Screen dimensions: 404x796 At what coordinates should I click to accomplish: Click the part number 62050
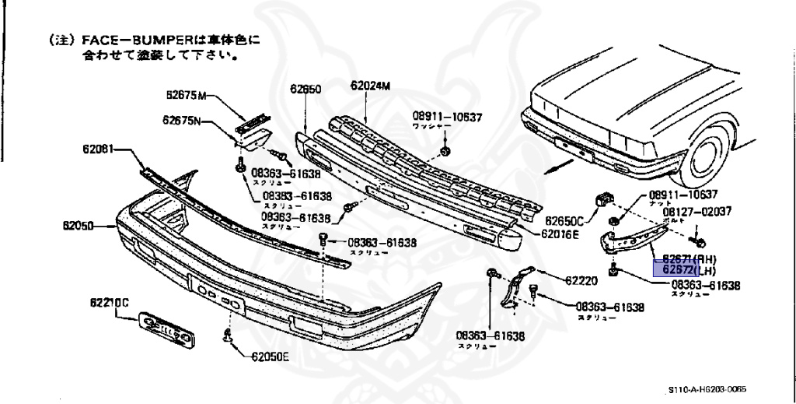(x=79, y=227)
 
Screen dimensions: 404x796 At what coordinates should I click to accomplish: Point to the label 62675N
(x=183, y=120)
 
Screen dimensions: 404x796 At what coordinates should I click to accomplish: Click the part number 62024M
(x=371, y=86)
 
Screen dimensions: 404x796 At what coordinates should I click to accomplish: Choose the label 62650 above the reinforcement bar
(x=305, y=90)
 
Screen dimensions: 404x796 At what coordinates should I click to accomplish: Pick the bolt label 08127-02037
(x=696, y=212)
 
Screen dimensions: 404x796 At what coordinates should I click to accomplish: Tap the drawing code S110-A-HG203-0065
(x=711, y=389)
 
